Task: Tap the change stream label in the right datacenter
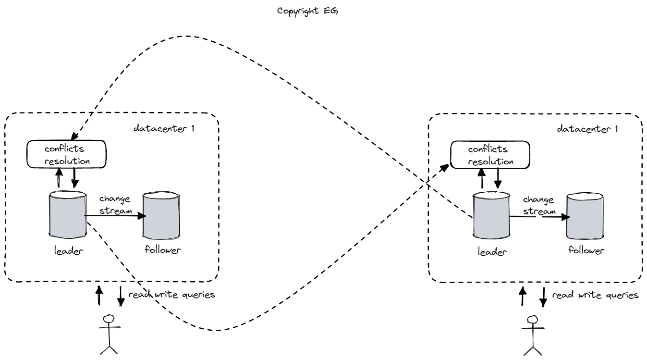pos(538,205)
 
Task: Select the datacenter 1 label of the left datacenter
pos(165,128)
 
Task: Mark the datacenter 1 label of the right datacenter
pos(587,129)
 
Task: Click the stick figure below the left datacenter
pos(109,335)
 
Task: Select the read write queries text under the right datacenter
pos(595,295)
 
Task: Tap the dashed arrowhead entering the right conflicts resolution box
pos(447,166)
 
